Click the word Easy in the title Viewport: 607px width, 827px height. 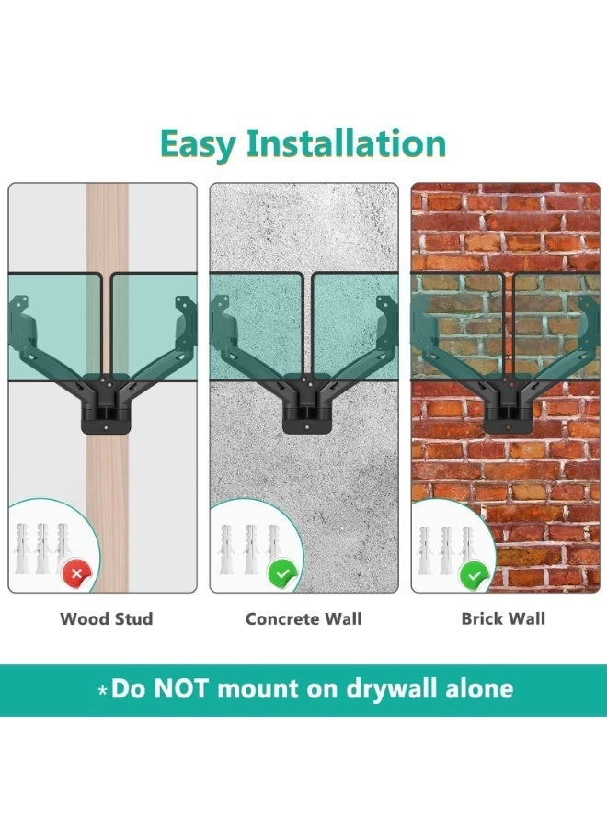click(197, 144)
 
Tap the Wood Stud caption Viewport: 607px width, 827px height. click(106, 618)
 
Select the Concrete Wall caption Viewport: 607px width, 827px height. click(303, 618)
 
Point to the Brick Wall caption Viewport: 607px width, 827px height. click(503, 618)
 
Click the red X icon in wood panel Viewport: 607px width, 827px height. click(76, 574)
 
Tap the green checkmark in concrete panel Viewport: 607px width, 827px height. click(281, 574)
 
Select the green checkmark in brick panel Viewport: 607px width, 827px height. click(475, 574)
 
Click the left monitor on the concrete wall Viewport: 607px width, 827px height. click(258, 322)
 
